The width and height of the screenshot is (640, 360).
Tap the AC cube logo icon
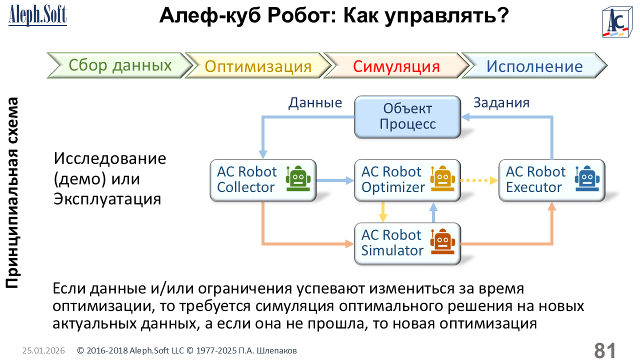[x=618, y=22]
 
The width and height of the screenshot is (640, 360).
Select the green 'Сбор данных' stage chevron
[x=120, y=65]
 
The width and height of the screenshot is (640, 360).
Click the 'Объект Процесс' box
[x=407, y=116]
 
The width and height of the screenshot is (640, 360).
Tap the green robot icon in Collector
[x=298, y=178]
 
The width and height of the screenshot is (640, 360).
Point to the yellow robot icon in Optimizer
[x=443, y=178]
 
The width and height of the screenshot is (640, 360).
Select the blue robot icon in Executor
[x=587, y=178]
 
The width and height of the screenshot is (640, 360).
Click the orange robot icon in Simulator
[x=442, y=242]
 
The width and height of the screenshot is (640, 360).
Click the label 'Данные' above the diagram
[x=315, y=102]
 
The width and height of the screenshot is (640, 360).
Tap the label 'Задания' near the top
[x=501, y=102]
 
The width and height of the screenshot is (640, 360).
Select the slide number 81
[x=604, y=350]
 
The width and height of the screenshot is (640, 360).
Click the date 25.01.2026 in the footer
[x=43, y=351]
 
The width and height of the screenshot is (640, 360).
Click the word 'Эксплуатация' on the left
[x=107, y=199]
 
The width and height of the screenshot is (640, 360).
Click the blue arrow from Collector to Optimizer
[x=335, y=180]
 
